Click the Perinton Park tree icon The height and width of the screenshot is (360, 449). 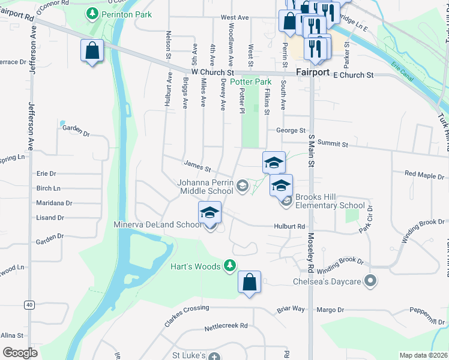(x=92, y=13)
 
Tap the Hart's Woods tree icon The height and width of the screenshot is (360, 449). (x=229, y=265)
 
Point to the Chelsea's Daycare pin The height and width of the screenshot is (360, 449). (x=371, y=281)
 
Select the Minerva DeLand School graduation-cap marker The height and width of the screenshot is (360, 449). (x=210, y=213)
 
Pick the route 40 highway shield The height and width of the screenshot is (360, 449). (x=29, y=305)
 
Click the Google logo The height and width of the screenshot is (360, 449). (x=20, y=353)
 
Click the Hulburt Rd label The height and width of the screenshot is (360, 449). (x=292, y=227)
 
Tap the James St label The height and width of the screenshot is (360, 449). (x=197, y=164)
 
